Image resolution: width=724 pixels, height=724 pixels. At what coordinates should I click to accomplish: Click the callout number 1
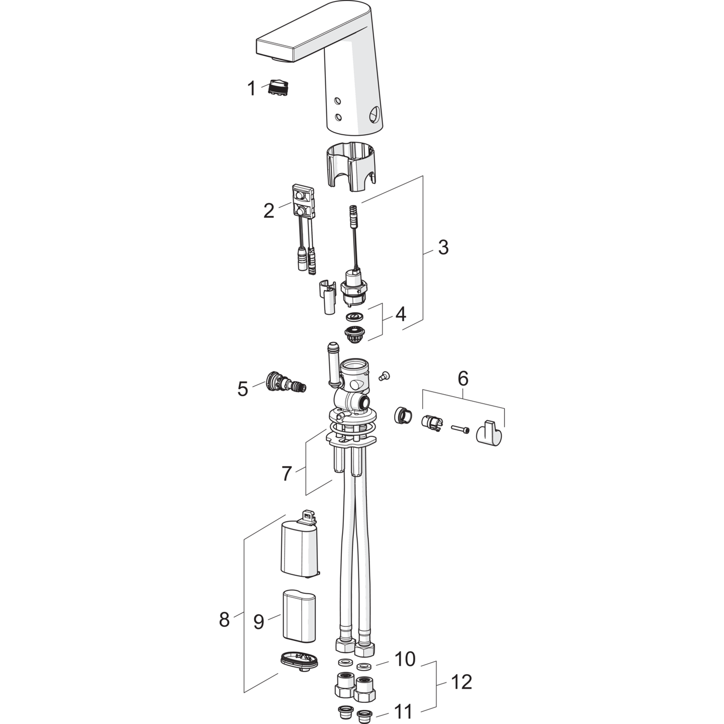click(251, 88)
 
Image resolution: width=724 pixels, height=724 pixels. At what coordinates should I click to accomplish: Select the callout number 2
click(268, 211)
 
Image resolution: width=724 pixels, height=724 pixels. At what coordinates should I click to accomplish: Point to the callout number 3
click(443, 247)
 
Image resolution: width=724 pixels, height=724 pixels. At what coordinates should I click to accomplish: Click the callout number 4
click(401, 314)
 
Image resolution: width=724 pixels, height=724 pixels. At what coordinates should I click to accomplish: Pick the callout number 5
click(243, 389)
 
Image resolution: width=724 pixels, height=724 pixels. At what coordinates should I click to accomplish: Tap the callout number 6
click(463, 379)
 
